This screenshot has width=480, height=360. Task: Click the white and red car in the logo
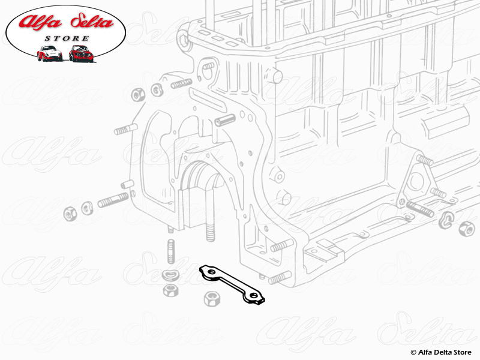point(49,53)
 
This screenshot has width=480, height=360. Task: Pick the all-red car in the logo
point(81,53)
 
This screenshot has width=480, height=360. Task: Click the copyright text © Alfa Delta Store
point(441,352)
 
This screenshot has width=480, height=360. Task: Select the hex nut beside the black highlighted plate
point(211,298)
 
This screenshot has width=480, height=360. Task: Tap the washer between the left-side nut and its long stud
point(86,206)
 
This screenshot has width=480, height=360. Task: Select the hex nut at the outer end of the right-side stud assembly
point(465,227)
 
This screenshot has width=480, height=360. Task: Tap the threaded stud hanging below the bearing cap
point(211,231)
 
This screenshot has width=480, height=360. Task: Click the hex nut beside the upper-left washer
point(136,94)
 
